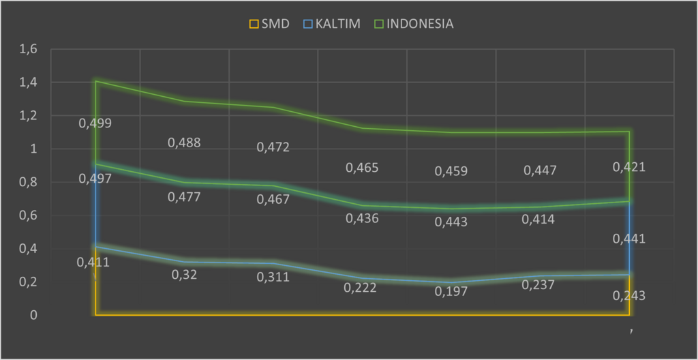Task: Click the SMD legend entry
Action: pos(269,24)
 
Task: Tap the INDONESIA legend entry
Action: pos(413,24)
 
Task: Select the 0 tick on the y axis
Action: pos(32,315)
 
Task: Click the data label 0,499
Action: pos(95,123)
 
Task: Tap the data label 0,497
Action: pos(95,179)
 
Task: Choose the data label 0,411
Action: pos(93,262)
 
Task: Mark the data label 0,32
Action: pos(183,274)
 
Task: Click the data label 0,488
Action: pos(184,142)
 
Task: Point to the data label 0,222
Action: pos(361,288)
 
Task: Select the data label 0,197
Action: pos(451,291)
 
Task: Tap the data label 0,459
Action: pos(451,171)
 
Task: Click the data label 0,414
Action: pos(538,220)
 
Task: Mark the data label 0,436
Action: pos(361,218)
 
